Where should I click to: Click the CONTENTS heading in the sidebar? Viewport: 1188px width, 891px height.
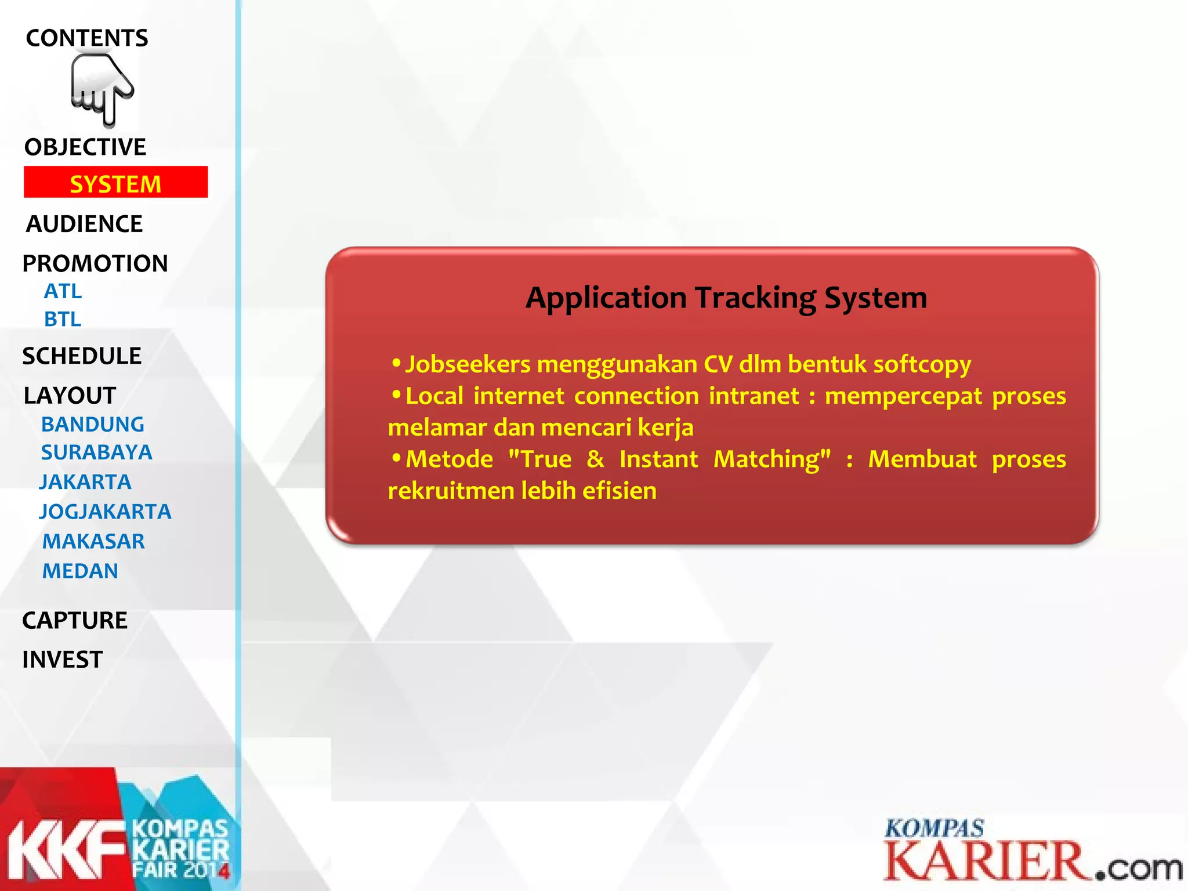coord(87,38)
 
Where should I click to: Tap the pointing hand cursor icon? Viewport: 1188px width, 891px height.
coord(102,90)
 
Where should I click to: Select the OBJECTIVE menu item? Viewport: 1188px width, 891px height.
coord(85,147)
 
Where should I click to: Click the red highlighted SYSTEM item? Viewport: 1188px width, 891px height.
coord(115,183)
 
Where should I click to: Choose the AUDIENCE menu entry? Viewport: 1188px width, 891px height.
coord(85,224)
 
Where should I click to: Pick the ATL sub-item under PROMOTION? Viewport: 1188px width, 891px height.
coord(63,291)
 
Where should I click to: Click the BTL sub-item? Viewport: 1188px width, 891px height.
coord(63,320)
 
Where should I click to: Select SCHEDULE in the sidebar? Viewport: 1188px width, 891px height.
coord(82,356)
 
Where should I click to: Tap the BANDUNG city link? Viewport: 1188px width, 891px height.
coord(93,425)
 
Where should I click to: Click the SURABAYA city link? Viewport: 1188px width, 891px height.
coord(96,452)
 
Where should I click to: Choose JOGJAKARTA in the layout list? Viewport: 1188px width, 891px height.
coord(105,512)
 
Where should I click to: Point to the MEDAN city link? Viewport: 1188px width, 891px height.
coord(80,571)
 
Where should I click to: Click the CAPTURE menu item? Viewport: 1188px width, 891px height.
coord(75,621)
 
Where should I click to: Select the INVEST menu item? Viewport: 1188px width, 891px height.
coord(63,660)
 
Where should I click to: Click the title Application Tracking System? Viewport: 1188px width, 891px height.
coord(726,298)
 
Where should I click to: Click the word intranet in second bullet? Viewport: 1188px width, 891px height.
coord(754,396)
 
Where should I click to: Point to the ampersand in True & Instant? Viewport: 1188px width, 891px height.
coord(595,459)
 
